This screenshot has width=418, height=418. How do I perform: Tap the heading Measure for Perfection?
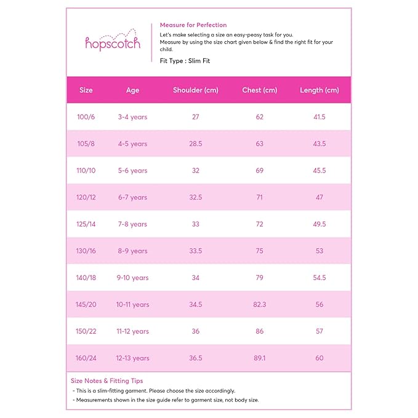point(193,25)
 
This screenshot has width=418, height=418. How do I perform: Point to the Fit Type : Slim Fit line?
point(185,62)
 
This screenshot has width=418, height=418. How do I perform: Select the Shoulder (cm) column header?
point(195,90)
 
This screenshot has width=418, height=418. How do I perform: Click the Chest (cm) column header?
point(259,90)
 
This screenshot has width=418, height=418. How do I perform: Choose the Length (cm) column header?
point(319,90)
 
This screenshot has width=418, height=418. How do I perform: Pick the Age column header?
point(132,90)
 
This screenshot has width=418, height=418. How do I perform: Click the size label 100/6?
point(86,117)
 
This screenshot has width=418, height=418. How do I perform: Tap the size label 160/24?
point(86,358)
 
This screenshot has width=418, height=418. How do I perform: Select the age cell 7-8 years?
point(132,224)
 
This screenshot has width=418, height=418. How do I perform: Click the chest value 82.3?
point(259,305)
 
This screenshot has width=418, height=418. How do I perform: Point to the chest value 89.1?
point(259,358)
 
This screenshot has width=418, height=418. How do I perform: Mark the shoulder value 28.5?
point(195,144)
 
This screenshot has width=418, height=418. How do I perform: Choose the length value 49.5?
point(319,224)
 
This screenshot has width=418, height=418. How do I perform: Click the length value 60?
point(319,358)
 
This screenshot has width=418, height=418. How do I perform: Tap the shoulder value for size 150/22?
point(195,331)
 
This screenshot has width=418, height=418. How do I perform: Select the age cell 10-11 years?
point(132,305)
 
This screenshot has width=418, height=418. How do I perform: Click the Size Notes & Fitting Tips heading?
point(107,381)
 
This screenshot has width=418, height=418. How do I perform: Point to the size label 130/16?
point(86,251)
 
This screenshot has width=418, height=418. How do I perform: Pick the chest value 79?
point(259,278)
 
